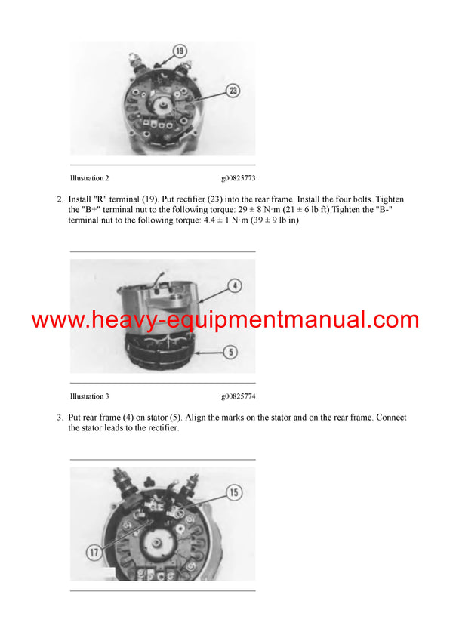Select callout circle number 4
pos(235,286)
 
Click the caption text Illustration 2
pos(89,178)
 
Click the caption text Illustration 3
pos(89,396)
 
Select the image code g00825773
pos(239,178)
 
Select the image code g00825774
pos(239,396)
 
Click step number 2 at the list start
pos(60,200)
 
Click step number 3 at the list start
pos(60,418)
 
